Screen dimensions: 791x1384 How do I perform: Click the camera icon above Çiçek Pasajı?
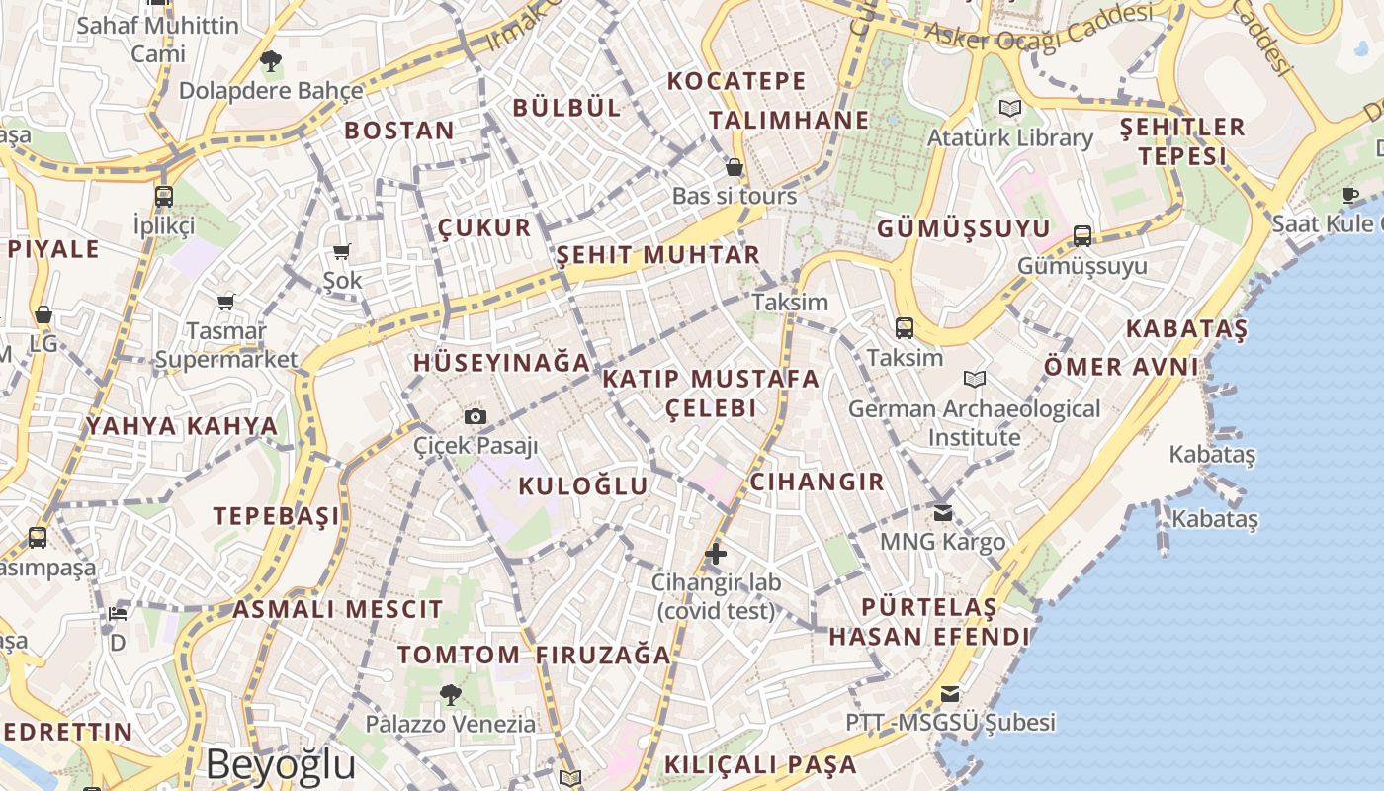tap(476, 416)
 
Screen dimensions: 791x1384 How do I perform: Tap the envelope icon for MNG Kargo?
tap(942, 512)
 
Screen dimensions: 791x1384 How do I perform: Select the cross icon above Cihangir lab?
tap(716, 553)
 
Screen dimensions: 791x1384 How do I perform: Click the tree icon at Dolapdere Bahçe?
tap(270, 61)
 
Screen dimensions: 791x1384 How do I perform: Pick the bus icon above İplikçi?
tap(164, 196)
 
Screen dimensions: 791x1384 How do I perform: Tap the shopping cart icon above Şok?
tap(342, 251)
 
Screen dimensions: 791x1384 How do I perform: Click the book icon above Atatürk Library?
tap(1009, 108)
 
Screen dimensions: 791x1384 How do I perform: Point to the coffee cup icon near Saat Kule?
tap(1351, 195)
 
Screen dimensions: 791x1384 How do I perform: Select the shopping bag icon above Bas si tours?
tap(735, 166)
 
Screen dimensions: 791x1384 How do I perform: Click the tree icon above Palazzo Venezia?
tap(451, 694)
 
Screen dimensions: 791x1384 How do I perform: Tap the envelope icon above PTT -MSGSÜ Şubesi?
tap(950, 693)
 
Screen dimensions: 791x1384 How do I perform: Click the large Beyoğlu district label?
tap(281, 764)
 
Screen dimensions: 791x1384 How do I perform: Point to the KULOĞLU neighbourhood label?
tap(583, 485)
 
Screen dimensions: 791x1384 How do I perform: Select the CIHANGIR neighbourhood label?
tap(817, 482)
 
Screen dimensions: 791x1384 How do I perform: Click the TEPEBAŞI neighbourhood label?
tap(277, 515)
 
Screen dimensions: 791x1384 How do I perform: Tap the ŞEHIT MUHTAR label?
tap(657, 254)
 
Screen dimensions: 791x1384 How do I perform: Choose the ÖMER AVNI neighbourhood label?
tap(1121, 367)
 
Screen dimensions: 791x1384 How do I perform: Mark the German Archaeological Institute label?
tap(974, 422)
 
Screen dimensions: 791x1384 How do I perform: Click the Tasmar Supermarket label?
tap(226, 345)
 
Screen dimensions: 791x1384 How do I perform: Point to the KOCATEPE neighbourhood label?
tap(736, 81)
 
